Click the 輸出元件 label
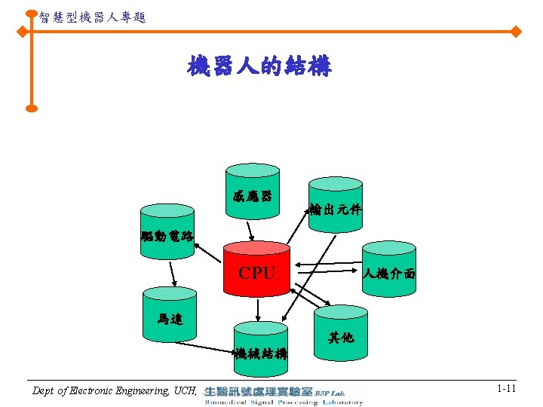[335, 210]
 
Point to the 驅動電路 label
[167, 237]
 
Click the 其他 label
[341, 338]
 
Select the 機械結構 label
[260, 353]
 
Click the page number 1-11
[506, 388]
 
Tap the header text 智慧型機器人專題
[92, 16]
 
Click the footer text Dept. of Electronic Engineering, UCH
[115, 390]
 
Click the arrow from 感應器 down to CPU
[252, 228]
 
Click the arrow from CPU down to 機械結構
[259, 310]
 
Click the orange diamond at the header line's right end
[517, 32]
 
